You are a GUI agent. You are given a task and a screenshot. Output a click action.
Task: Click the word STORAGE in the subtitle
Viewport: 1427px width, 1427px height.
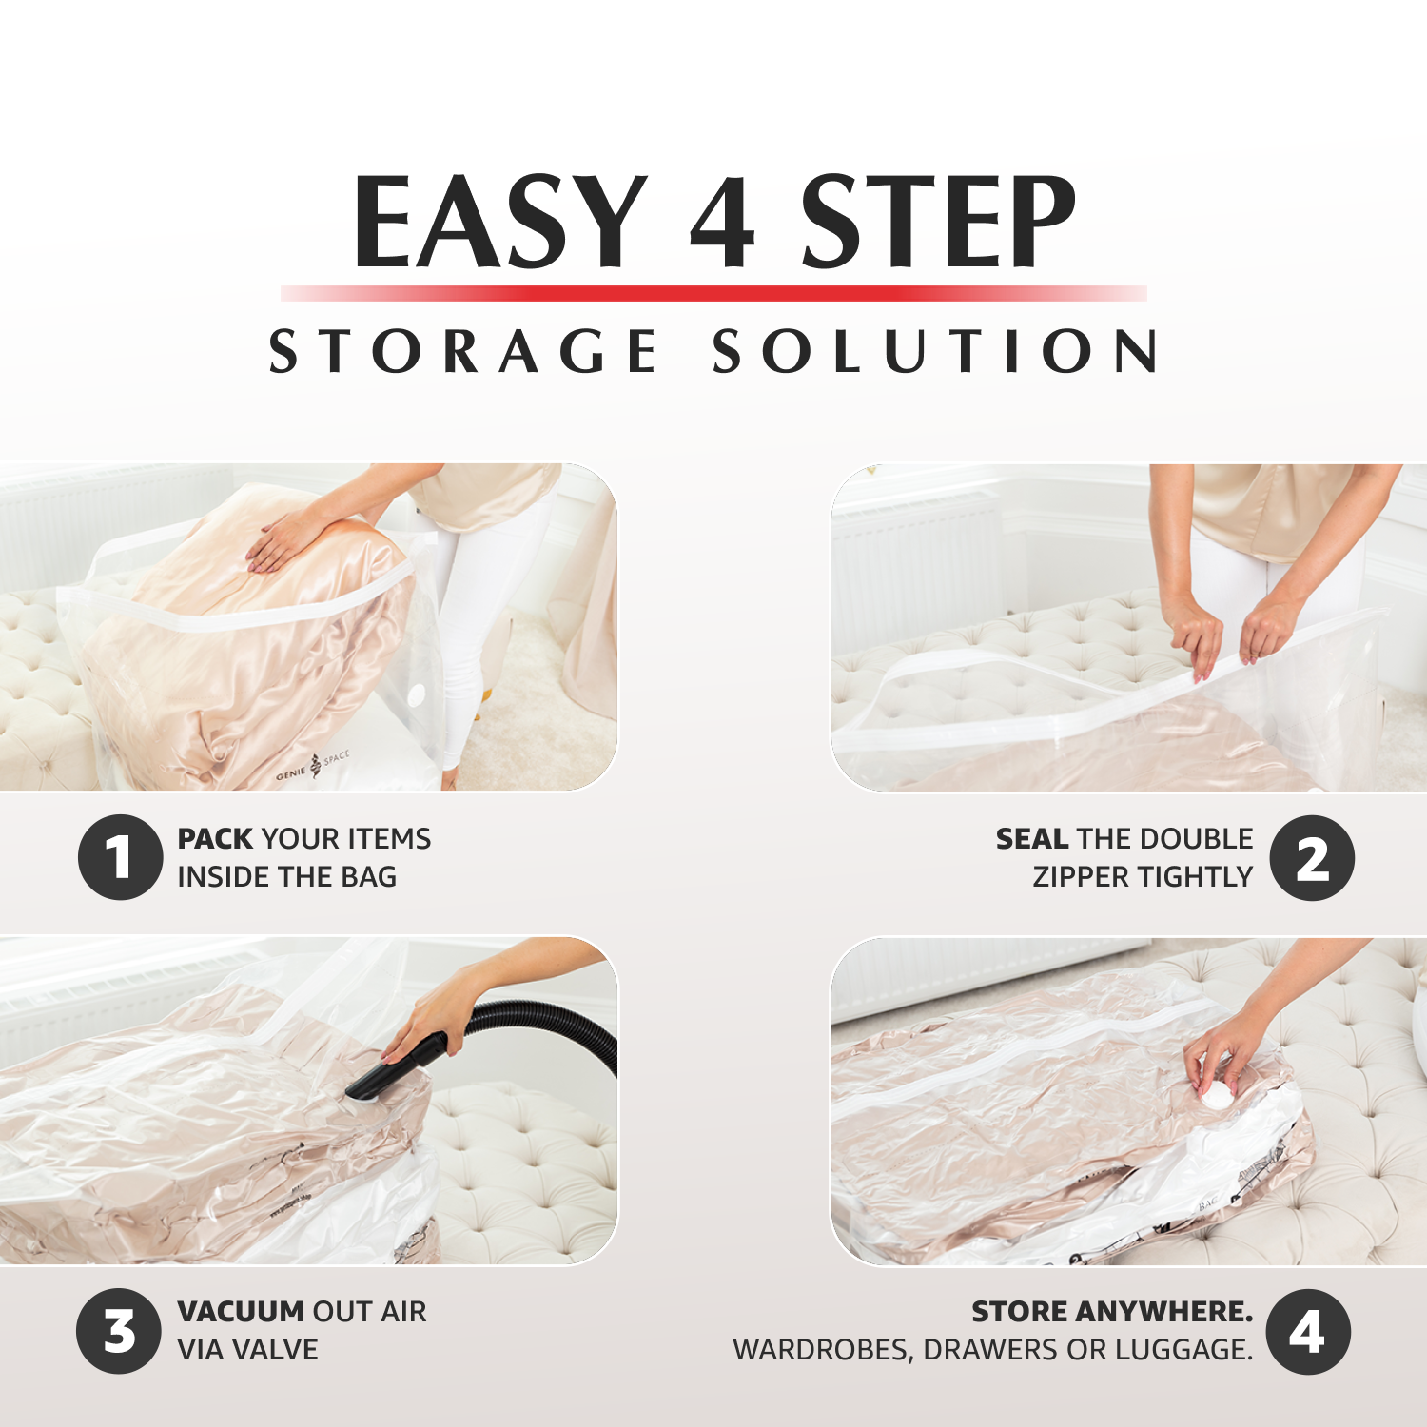(x=463, y=351)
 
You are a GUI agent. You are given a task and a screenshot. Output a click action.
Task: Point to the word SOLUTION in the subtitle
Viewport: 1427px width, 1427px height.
(x=935, y=351)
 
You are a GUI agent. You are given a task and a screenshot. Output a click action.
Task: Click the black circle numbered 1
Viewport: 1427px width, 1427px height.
(x=120, y=857)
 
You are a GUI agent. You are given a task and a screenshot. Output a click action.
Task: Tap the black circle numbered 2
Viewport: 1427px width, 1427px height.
(x=1312, y=858)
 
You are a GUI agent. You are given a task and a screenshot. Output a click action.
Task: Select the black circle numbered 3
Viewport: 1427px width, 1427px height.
(x=120, y=1331)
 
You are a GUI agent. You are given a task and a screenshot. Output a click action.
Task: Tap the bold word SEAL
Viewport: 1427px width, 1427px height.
(x=1032, y=838)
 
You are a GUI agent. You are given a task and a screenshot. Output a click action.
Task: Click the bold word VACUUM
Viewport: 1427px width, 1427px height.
(x=240, y=1311)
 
